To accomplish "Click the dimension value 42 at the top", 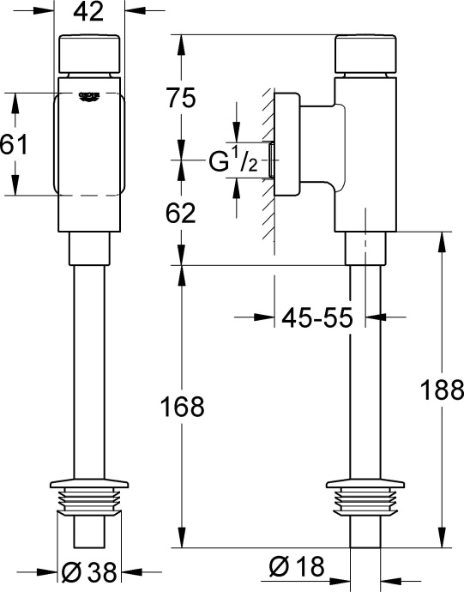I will (89, 13).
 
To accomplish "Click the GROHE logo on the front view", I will (90, 96).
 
